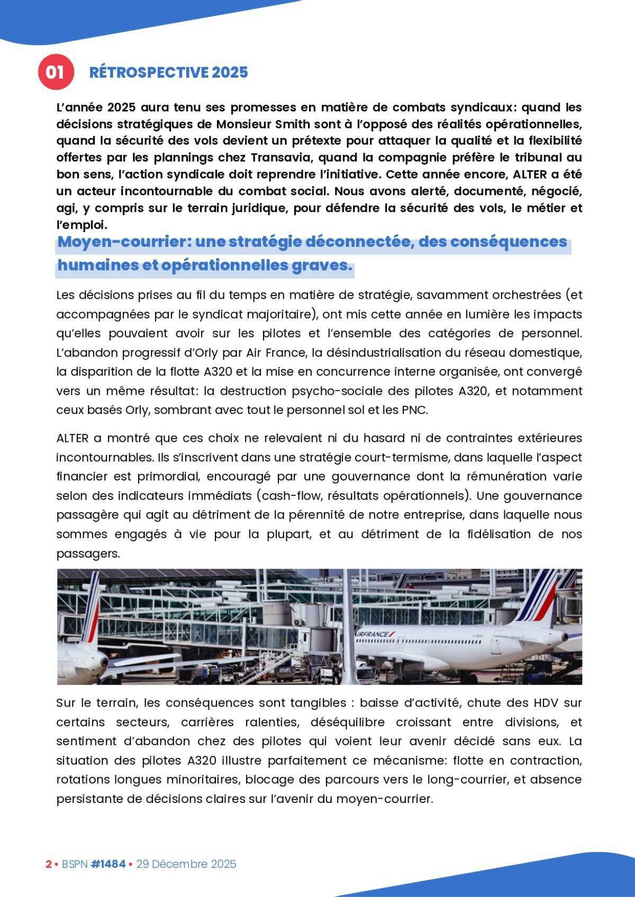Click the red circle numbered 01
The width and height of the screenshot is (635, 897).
click(55, 72)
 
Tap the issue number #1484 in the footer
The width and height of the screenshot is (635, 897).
click(108, 864)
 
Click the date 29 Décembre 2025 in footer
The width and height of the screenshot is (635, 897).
click(186, 864)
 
